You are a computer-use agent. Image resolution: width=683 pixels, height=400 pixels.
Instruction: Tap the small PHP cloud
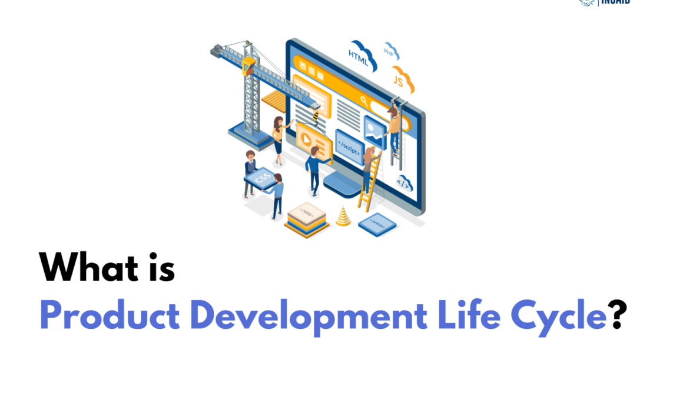[x=390, y=51]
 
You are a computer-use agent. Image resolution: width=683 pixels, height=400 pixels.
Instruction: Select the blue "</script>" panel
[x=349, y=146]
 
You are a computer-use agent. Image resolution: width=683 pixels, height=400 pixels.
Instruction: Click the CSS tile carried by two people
[x=259, y=178]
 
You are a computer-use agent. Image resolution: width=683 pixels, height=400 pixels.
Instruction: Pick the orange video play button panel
[x=310, y=139]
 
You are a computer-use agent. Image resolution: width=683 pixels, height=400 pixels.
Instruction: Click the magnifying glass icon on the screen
[x=364, y=101]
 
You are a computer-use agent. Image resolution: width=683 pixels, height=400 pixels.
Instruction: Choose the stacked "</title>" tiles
[x=306, y=218]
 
